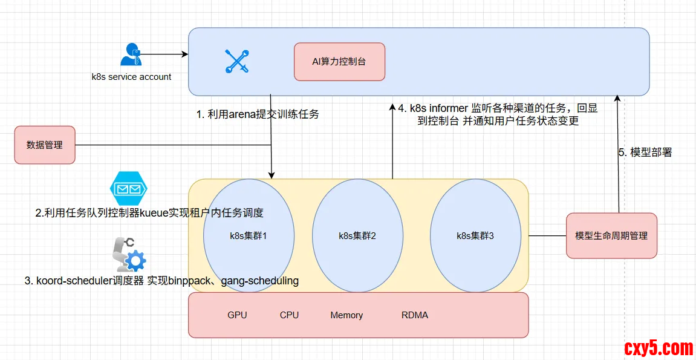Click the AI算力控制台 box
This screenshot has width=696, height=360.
(x=339, y=62)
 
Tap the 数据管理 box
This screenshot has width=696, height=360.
(x=45, y=145)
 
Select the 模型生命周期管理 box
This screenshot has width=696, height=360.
(x=611, y=235)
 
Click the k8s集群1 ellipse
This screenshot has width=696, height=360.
(x=249, y=235)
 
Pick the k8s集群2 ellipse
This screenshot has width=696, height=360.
(x=357, y=235)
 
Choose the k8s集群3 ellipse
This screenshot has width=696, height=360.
(x=475, y=235)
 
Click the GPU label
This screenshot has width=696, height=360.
(x=237, y=315)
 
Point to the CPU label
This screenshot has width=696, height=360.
(x=289, y=315)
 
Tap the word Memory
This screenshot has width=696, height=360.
(x=346, y=315)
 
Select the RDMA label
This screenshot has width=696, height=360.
(x=415, y=315)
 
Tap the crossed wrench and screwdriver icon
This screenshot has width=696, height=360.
(x=236, y=62)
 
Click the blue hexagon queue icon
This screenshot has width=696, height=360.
(x=129, y=188)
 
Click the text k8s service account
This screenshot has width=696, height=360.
(x=131, y=77)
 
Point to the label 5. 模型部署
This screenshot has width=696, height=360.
(x=645, y=152)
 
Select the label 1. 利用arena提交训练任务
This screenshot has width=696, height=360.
(x=258, y=114)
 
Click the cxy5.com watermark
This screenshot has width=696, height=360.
(x=658, y=348)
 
